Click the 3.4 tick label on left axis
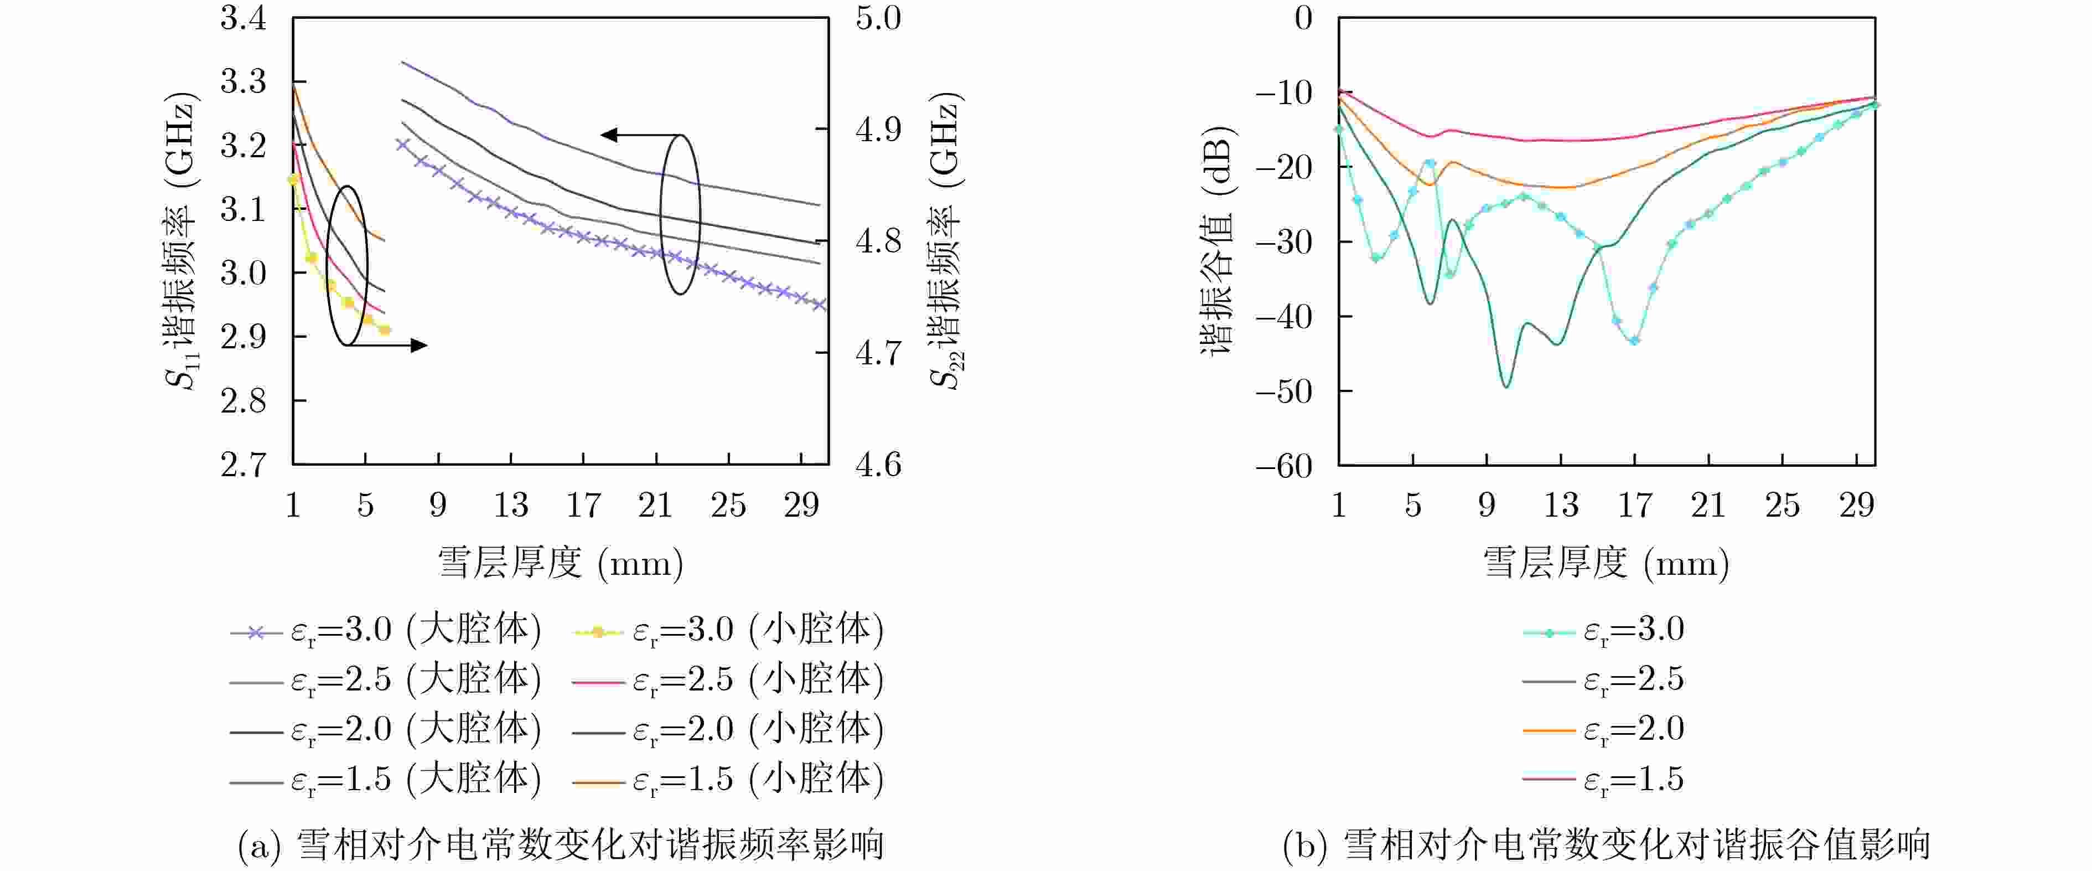[x=243, y=18]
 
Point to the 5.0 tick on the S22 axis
[x=878, y=18]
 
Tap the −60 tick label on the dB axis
[x=1283, y=466]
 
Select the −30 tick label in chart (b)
[x=1283, y=242]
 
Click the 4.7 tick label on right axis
[x=878, y=353]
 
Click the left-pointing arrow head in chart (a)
[x=608, y=135]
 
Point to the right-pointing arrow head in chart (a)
[x=419, y=346]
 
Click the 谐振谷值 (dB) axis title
[x=1216, y=241]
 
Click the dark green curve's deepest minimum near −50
[x=1506, y=386]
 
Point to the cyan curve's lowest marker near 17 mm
[x=1634, y=341]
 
